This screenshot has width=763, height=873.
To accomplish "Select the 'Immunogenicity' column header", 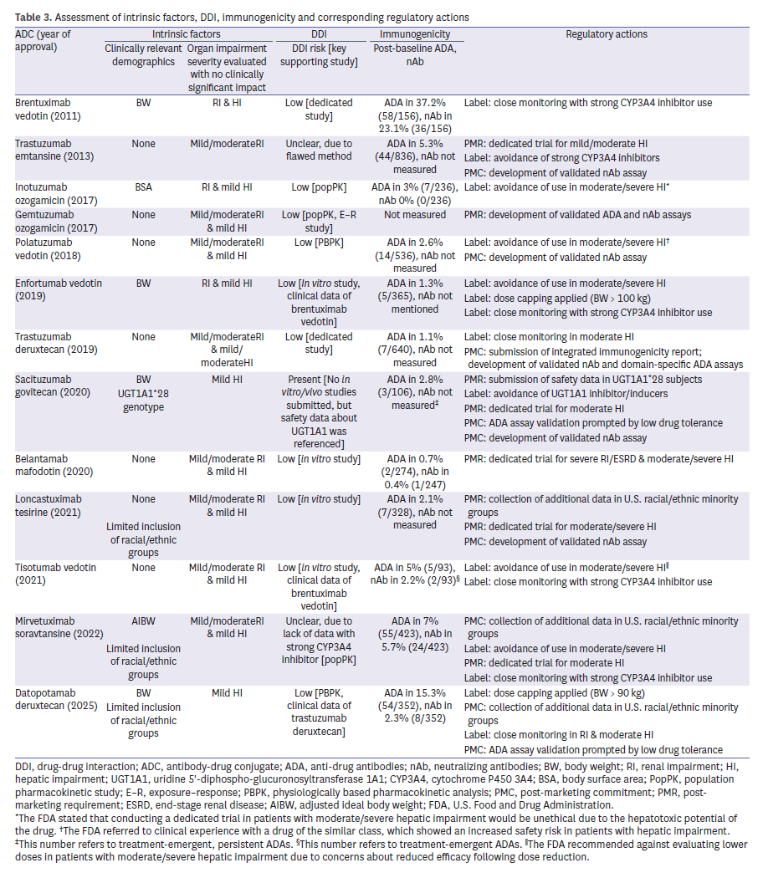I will click(414, 34).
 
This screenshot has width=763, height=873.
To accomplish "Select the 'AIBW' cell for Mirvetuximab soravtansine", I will click(143, 621).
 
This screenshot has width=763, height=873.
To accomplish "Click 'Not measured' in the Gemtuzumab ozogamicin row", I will click(414, 215).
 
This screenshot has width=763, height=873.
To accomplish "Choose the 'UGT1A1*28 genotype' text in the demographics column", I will click(143, 400).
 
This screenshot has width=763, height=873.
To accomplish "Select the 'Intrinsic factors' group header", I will click(186, 34).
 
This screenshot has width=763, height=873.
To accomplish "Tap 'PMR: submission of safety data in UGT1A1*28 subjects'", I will click(583, 379).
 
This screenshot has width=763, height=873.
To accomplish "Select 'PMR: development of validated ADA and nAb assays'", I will click(578, 215).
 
